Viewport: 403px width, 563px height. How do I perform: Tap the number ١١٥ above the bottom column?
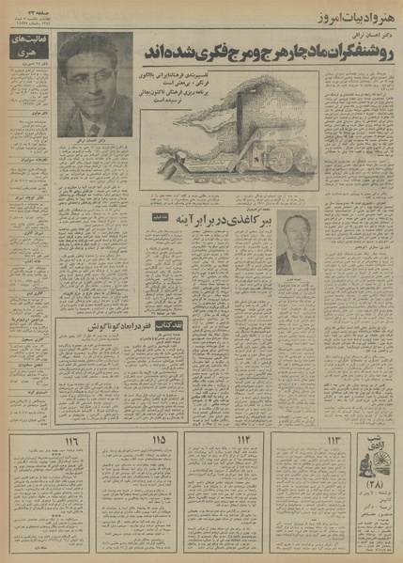point(158,440)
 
